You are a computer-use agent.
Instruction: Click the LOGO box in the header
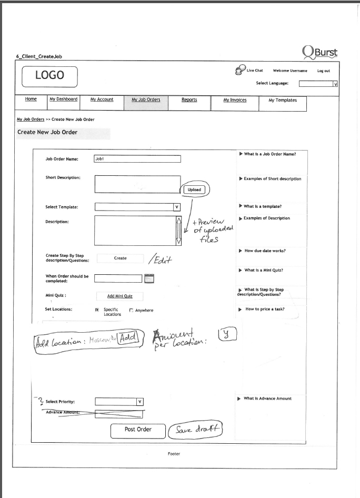(49, 76)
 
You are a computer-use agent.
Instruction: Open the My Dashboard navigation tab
(63, 99)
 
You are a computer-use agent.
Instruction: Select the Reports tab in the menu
(189, 100)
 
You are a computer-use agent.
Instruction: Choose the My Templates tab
(282, 100)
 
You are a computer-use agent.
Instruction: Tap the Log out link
(323, 71)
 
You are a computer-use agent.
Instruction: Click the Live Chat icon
(239, 70)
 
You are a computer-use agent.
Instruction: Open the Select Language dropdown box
(318, 83)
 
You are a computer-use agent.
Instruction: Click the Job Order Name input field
(137, 158)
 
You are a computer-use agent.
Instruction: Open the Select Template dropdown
(137, 207)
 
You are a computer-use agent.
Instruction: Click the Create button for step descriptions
(120, 258)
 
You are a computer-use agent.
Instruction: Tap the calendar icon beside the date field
(149, 278)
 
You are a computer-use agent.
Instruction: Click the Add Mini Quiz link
(119, 296)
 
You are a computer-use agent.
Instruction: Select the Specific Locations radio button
(97, 310)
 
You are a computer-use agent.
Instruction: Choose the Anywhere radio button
(131, 311)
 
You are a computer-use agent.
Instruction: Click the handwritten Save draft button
(195, 430)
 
